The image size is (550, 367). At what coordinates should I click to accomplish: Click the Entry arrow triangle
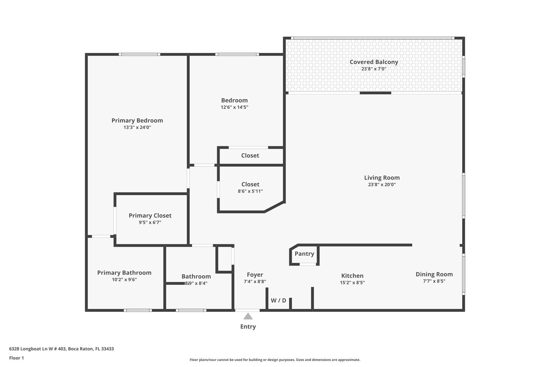(248, 316)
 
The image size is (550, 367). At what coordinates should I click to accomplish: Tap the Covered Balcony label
(374, 62)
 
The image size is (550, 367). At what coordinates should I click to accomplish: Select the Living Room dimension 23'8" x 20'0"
(382, 185)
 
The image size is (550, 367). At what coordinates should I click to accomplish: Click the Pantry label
(304, 254)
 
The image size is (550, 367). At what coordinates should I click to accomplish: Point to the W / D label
(278, 301)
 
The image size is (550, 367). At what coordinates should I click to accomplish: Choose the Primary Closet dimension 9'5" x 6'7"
(150, 223)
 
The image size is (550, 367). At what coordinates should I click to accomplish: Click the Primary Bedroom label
(137, 120)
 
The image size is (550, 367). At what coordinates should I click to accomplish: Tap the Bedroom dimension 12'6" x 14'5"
(234, 107)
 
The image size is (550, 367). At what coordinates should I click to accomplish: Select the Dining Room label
(434, 274)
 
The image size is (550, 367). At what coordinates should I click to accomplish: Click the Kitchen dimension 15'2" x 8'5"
(352, 283)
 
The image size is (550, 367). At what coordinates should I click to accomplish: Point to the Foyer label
(255, 275)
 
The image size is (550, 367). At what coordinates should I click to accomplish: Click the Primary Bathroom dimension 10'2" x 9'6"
(124, 280)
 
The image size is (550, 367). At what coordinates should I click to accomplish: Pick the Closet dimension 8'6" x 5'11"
(250, 191)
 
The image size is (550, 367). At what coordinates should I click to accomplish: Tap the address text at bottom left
(61, 349)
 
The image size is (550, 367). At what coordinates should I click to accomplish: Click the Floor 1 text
(16, 358)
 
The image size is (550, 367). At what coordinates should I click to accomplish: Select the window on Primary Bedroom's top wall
(139, 54)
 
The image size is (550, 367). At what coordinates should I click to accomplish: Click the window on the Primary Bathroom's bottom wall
(138, 310)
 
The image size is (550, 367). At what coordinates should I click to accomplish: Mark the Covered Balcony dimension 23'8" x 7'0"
(374, 69)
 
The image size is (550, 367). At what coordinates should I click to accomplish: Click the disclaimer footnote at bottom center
(275, 360)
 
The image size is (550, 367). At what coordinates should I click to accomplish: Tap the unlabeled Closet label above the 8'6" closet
(250, 156)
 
